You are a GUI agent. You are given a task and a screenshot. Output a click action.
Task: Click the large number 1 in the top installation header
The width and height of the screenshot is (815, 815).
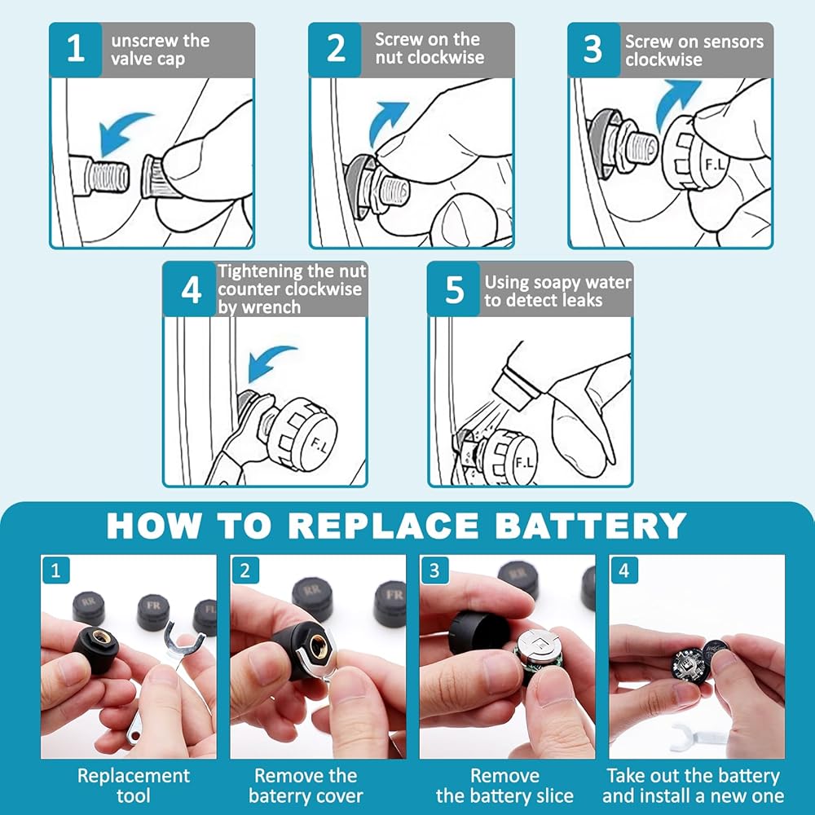(x=76, y=49)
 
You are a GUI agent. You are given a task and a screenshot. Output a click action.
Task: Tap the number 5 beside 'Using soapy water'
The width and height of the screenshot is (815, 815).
(x=454, y=289)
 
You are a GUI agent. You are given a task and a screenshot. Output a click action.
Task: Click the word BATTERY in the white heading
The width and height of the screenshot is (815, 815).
(x=590, y=526)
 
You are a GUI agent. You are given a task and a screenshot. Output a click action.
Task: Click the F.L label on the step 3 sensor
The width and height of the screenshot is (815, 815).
(x=715, y=165)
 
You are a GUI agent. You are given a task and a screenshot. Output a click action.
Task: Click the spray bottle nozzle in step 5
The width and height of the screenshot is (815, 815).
(x=512, y=390)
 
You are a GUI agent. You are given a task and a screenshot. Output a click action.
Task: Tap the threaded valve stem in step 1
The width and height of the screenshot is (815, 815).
(x=106, y=174)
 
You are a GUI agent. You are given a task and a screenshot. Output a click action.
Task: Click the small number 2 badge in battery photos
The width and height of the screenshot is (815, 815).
(x=244, y=570)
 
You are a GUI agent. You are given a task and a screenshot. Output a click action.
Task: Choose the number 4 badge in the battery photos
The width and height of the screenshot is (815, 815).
(x=623, y=570)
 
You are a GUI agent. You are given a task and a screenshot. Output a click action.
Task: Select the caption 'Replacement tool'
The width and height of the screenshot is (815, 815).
(x=134, y=786)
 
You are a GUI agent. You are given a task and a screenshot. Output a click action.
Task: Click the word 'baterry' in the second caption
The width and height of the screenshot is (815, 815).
(x=281, y=796)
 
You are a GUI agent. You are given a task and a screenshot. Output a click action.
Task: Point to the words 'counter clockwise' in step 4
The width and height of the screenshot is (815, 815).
(x=289, y=289)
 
